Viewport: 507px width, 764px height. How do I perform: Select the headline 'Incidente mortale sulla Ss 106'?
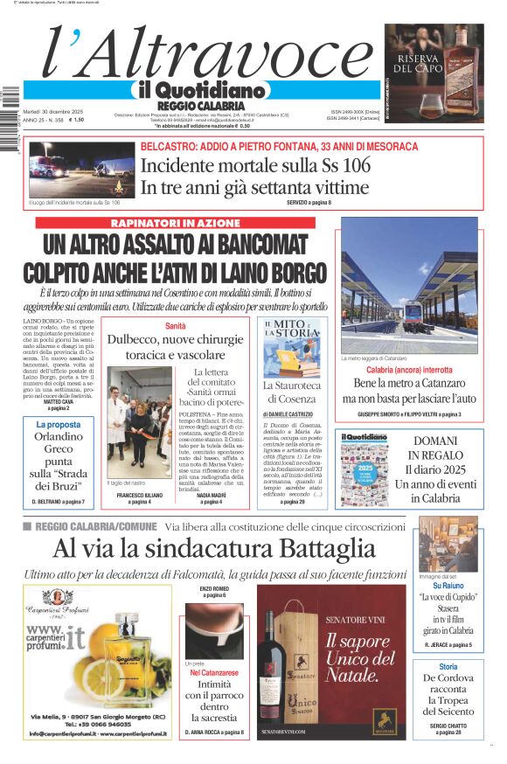pyautogui.click(x=255, y=165)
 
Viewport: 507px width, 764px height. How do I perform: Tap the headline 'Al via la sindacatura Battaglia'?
pyautogui.click(x=213, y=548)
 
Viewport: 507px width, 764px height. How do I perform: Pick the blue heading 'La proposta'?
pyautogui.click(x=59, y=425)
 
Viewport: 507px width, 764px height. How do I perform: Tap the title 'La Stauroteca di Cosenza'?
pyautogui.click(x=291, y=391)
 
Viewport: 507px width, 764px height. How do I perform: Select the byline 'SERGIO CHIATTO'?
pyautogui.click(x=448, y=725)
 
